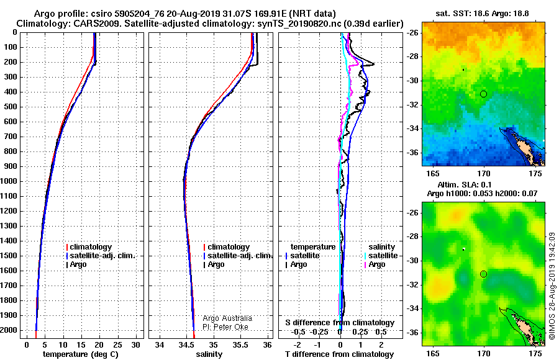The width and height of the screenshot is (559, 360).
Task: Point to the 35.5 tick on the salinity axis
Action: pyautogui.click(x=240, y=345)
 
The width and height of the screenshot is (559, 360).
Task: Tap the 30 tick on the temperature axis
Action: pyautogui.click(x=136, y=345)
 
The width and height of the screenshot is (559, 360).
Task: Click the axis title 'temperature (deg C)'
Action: pyautogui.click(x=81, y=354)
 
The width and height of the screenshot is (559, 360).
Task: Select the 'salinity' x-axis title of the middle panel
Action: pyautogui.click(x=209, y=354)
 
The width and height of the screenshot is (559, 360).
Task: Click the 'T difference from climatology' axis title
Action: pyautogui.click(x=339, y=354)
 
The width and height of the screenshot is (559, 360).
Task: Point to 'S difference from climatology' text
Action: pyautogui.click(x=340, y=323)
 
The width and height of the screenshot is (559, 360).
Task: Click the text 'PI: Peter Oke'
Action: pyautogui.click(x=225, y=327)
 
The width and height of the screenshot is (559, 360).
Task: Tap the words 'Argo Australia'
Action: pyautogui.click(x=227, y=318)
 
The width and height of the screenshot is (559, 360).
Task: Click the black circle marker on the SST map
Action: pyautogui.click(x=483, y=94)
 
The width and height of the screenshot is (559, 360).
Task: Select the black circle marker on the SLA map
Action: pyautogui.click(x=483, y=274)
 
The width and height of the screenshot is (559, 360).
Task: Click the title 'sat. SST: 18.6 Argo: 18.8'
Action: pyautogui.click(x=482, y=14)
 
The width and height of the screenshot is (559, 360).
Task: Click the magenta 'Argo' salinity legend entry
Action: pyautogui.click(x=375, y=264)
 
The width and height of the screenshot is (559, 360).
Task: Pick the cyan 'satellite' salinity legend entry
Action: pyautogui.click(x=381, y=256)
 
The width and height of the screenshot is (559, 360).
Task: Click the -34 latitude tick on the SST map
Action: pyautogui.click(x=412, y=128)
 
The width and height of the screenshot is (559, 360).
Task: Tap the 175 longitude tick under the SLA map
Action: pyautogui.click(x=535, y=354)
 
